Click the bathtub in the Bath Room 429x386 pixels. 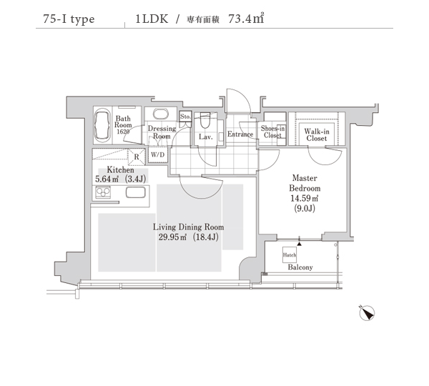point(102,126)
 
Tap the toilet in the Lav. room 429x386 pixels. point(205,121)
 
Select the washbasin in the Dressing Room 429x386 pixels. point(161,114)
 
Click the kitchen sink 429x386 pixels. point(135,192)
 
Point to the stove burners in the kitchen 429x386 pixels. point(102,192)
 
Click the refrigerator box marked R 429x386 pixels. point(137,157)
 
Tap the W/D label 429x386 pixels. point(157,155)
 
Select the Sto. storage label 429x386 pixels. point(185,117)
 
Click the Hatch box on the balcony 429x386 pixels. point(290,255)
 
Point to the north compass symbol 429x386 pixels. point(367,313)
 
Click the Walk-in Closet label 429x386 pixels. point(317,135)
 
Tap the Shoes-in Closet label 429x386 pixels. point(272,132)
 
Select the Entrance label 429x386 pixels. point(240,134)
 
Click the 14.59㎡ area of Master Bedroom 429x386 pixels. point(305,198)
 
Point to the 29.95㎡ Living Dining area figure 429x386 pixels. point(172,237)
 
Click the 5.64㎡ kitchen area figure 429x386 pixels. point(107,179)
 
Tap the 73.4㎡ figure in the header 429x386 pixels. point(246,18)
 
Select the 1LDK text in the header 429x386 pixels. point(152,19)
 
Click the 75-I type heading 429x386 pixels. point(69,19)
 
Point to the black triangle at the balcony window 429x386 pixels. point(300,243)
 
